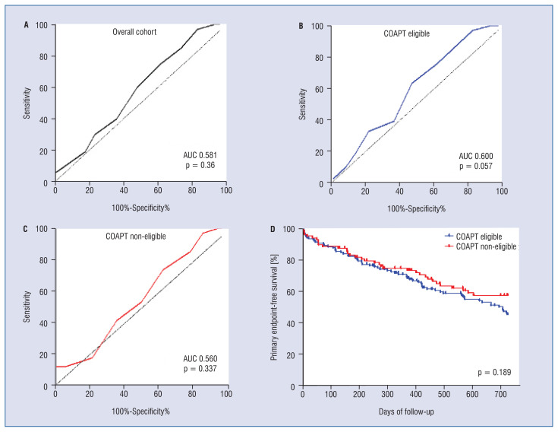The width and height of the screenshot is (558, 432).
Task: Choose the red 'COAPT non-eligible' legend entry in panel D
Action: pyautogui.click(x=481, y=246)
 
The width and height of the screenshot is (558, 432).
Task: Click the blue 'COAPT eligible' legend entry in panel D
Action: pyautogui.click(x=474, y=237)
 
